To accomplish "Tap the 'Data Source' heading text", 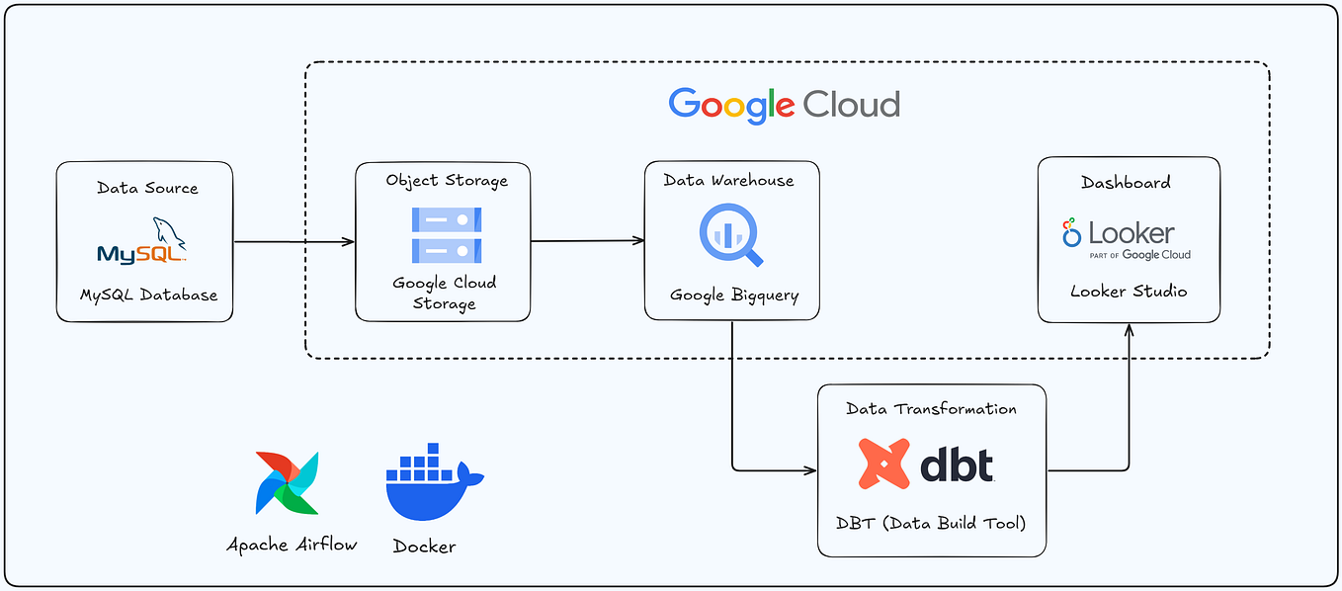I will click(x=147, y=188).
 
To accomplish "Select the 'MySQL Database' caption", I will click(x=148, y=295).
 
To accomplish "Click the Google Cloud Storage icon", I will click(x=446, y=235).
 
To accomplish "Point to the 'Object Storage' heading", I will click(x=447, y=181).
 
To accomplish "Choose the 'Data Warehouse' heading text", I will click(x=728, y=180).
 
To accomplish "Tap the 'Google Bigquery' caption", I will click(x=734, y=295).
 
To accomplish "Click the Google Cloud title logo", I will click(x=784, y=105).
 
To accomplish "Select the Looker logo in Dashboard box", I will click(x=1127, y=238).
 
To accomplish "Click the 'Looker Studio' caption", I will click(x=1129, y=292).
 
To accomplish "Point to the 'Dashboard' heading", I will click(x=1126, y=182).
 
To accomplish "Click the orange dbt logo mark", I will click(x=883, y=464).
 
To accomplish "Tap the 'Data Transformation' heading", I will click(x=931, y=408).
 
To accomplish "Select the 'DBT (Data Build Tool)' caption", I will click(x=932, y=523).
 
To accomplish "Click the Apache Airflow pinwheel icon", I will click(x=287, y=483).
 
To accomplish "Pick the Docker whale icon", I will click(x=433, y=482).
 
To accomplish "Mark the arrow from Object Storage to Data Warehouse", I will click(x=587, y=240).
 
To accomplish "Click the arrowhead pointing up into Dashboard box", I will click(x=1129, y=329).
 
